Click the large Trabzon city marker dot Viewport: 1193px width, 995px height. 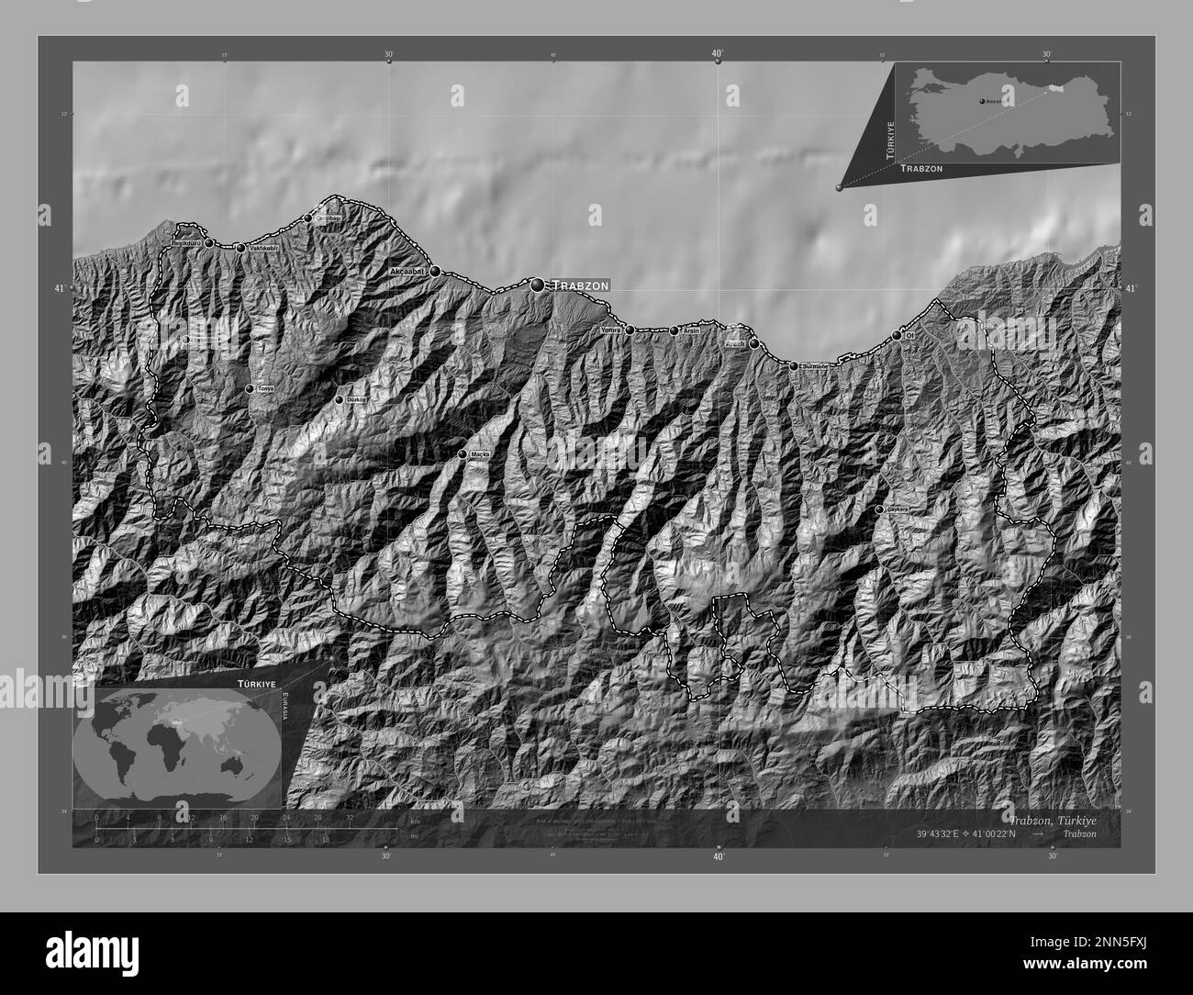pos(537,285)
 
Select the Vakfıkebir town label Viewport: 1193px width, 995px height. pos(262,248)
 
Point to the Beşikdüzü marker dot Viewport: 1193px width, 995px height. pos(209,243)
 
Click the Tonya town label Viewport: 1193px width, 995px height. pos(264,388)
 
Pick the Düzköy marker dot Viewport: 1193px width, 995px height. pos(339,400)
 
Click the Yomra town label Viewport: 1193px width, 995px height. pos(611,330)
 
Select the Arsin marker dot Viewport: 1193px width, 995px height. pos(674,330)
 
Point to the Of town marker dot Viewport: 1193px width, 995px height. pos(897,336)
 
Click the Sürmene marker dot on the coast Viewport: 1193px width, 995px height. pos(794,366)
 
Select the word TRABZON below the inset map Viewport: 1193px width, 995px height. pos(920,170)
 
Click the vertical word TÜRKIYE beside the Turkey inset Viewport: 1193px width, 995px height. pos(888,139)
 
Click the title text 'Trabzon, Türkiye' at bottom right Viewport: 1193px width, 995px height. pos(1052,819)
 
